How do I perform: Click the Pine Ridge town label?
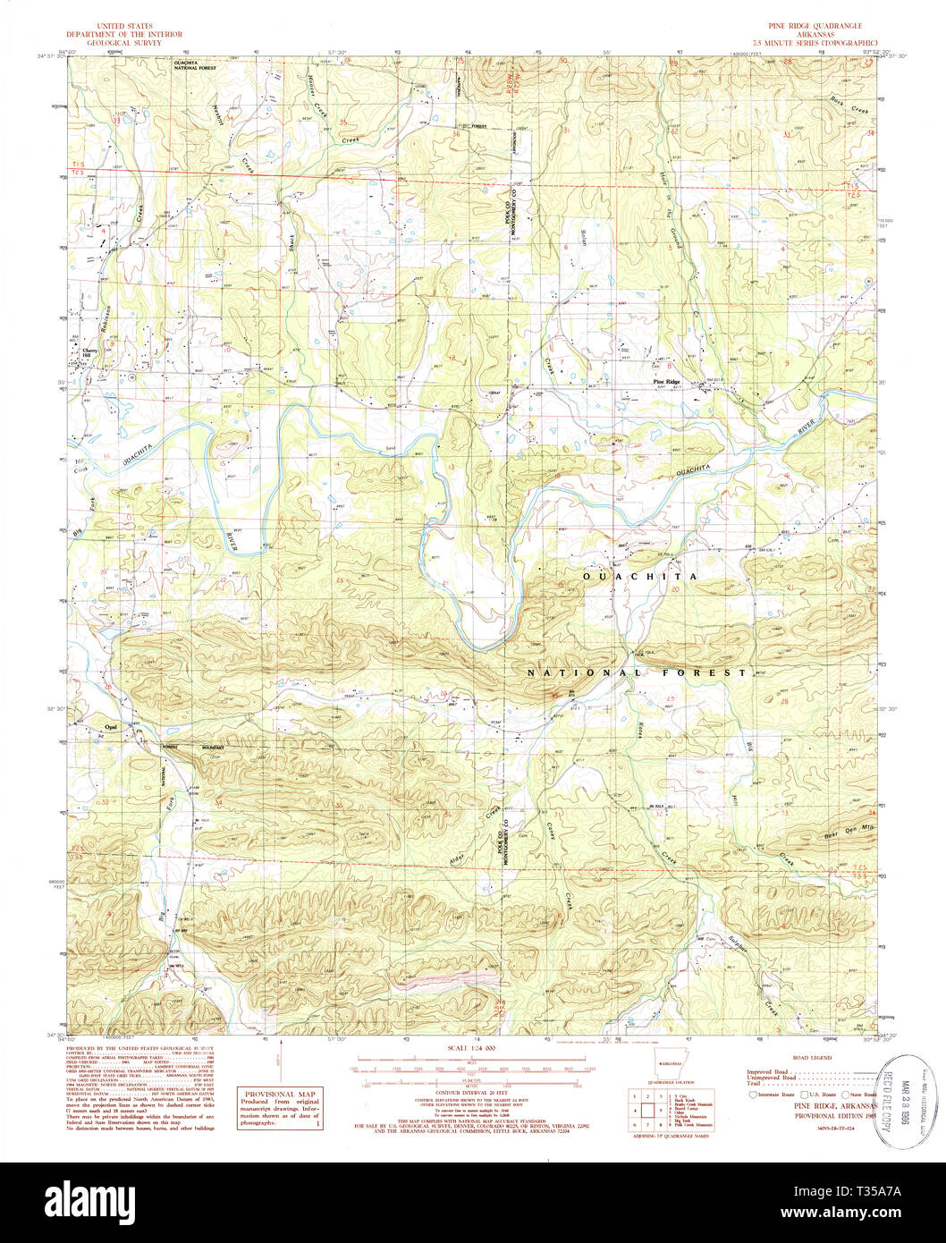(666, 383)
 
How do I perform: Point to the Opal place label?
(112, 727)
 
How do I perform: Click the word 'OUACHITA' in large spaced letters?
(639, 578)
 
